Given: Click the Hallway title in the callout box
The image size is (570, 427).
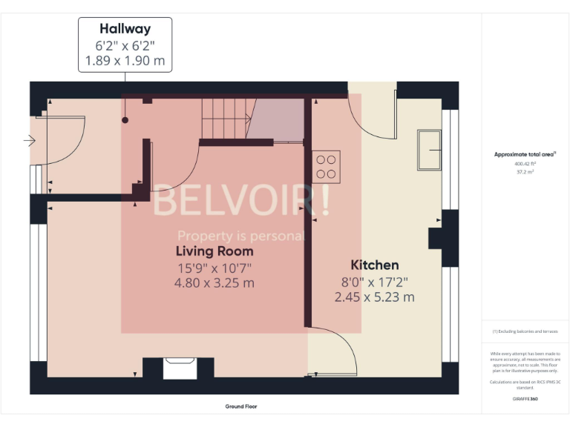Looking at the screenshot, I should click(x=125, y=29).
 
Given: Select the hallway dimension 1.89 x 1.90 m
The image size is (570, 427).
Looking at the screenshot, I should click(x=125, y=61).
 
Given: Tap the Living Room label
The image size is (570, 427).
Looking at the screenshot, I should click(x=214, y=251).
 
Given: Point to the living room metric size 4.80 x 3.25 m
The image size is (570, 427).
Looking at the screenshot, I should click(x=214, y=282).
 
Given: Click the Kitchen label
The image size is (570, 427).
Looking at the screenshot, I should click(x=374, y=265).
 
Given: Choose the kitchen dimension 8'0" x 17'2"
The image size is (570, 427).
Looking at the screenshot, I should click(x=374, y=282).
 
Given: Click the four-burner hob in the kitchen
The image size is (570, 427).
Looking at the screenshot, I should click(x=326, y=166).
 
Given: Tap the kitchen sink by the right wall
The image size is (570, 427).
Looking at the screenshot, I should click(x=428, y=150).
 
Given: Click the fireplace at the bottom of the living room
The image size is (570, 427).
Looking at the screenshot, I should click(x=178, y=368).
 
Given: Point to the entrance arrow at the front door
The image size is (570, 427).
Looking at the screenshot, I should click(x=30, y=139).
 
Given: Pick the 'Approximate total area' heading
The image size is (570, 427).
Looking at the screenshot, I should click(x=525, y=154).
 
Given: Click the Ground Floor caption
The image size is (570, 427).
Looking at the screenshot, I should click(x=241, y=406).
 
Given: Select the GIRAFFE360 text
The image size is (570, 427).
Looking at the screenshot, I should click(x=525, y=398).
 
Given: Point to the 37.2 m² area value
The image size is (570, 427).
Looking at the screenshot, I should click(x=525, y=171).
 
